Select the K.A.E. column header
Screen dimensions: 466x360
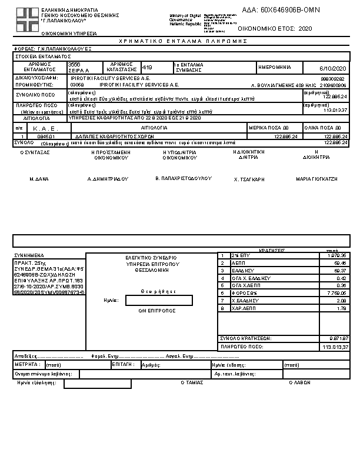point(44,127)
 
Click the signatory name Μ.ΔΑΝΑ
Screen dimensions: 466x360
point(39,178)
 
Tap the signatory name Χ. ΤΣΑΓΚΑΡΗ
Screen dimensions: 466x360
point(249,178)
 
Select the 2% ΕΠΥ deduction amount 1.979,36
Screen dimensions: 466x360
point(336,255)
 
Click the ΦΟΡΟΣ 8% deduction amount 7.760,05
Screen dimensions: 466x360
point(336,292)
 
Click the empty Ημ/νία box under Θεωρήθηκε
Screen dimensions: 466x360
point(159,300)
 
